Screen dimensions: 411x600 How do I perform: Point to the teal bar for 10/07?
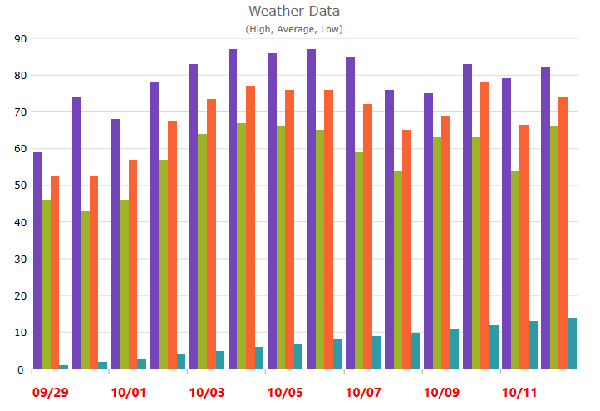click(x=376, y=353)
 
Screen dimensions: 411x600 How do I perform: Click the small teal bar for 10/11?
click(x=533, y=345)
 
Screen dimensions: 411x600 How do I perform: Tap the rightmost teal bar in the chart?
click(x=572, y=344)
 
